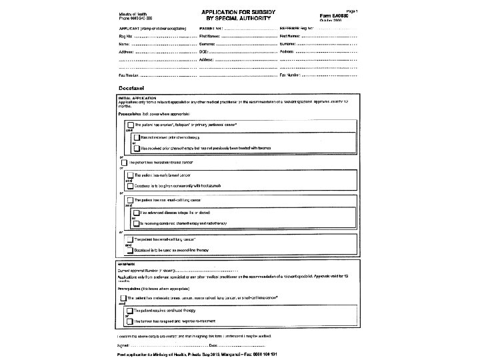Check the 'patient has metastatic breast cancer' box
pos(125,163)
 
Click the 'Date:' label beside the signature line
pos(214,345)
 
